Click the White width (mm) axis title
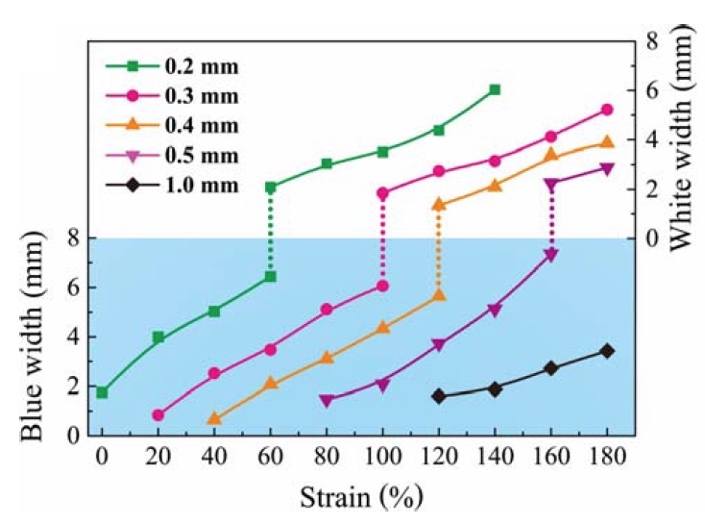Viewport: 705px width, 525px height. click(684, 139)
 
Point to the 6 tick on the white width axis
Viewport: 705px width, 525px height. click(651, 89)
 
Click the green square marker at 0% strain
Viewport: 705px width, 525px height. click(102, 392)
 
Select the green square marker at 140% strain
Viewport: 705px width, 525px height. click(495, 89)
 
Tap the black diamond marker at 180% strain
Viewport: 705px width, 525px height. click(607, 351)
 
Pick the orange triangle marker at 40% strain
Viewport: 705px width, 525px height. click(214, 419)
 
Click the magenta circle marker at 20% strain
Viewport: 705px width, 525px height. click(158, 415)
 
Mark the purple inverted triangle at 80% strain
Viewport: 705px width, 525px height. click(327, 400)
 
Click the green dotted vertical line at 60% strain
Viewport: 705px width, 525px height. click(271, 232)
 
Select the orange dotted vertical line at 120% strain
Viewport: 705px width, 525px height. click(439, 250)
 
